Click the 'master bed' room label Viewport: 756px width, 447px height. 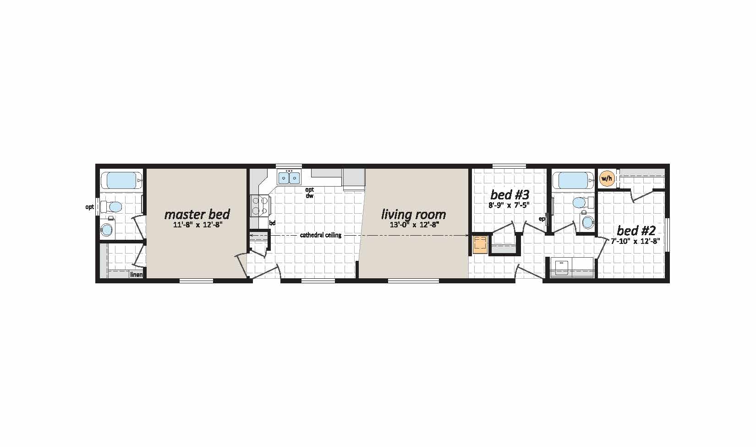click(x=197, y=215)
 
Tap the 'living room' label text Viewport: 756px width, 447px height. click(x=413, y=215)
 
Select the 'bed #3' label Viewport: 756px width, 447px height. click(x=509, y=195)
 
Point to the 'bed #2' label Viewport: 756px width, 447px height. click(x=636, y=231)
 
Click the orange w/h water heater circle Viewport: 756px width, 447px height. click(x=606, y=179)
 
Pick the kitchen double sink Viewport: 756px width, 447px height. click(x=289, y=177)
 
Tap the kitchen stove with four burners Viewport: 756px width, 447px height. click(x=259, y=205)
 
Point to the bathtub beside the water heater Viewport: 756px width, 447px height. click(x=573, y=181)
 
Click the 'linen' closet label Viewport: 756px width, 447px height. click(x=137, y=275)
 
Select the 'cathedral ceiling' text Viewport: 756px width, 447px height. click(x=321, y=235)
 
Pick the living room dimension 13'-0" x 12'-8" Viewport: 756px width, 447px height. click(x=414, y=225)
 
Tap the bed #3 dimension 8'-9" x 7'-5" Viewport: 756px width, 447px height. click(x=509, y=204)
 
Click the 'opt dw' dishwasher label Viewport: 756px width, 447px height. click(x=309, y=193)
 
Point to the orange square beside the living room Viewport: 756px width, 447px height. click(x=480, y=245)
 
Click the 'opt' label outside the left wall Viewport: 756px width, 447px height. click(x=89, y=207)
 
